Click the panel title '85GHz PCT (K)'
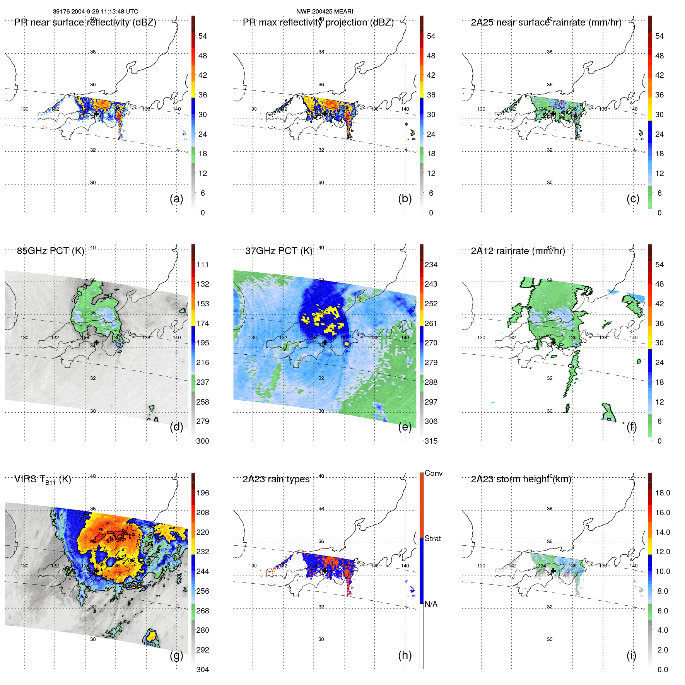(50, 251)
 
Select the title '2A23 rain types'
(276, 480)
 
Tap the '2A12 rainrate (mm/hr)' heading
(518, 251)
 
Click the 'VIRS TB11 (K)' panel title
(43, 480)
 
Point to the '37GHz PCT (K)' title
(278, 251)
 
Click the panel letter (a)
(176, 199)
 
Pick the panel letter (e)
(405, 427)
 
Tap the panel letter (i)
(631, 656)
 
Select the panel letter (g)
(176, 656)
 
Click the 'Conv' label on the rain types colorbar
(433, 473)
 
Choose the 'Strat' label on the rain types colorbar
(432, 539)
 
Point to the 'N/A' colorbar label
(431, 604)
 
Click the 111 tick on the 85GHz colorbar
(202, 265)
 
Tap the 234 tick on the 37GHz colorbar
(431, 265)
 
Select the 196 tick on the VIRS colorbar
(202, 493)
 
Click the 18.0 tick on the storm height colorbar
(662, 493)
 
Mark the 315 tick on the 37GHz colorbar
(431, 441)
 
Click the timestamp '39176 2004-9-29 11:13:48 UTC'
(95, 12)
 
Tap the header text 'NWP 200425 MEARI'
(325, 12)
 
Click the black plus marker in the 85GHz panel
(96, 342)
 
